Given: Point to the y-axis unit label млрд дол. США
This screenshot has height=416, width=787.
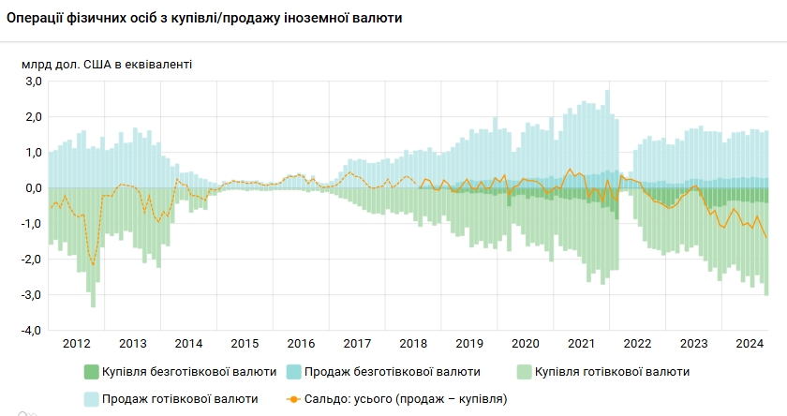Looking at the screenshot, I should [x=107, y=64].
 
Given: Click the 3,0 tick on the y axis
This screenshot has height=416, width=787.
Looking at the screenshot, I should [x=34, y=82].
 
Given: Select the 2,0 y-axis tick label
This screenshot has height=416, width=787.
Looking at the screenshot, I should [x=34, y=117].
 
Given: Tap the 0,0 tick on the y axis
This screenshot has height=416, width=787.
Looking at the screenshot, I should [x=34, y=188].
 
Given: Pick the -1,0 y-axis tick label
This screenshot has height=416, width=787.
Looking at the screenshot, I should [x=32, y=224].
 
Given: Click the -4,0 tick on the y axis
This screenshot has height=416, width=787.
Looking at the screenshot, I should [x=32, y=331].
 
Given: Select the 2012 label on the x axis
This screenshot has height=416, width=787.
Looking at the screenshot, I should [x=77, y=343].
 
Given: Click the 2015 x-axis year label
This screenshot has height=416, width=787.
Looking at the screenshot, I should [x=245, y=343].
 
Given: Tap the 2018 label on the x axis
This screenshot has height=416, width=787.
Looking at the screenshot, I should [x=414, y=343].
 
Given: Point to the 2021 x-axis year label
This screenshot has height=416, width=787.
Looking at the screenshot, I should [x=583, y=343].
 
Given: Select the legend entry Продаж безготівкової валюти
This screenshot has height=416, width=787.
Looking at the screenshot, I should [x=393, y=372].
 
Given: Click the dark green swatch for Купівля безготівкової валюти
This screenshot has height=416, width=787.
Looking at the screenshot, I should [x=91, y=372].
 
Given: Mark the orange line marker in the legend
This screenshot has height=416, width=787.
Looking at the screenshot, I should [x=294, y=398].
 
